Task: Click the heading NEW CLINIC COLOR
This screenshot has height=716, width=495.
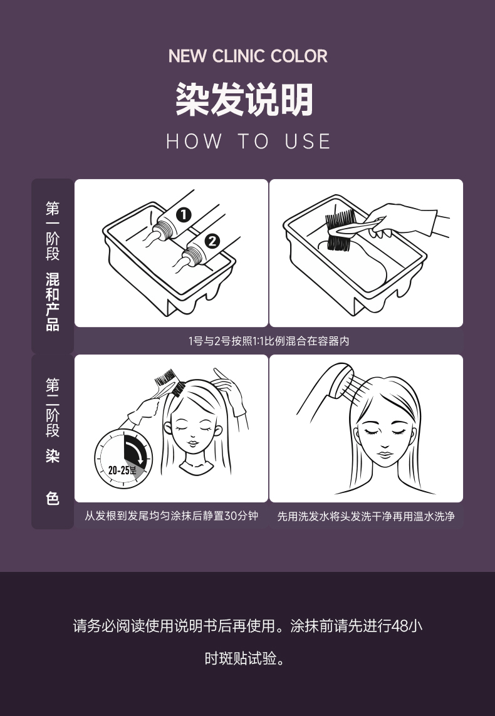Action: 247,56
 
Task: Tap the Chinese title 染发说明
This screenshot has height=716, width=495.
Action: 245,99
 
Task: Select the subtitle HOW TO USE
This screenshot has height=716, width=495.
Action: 248,141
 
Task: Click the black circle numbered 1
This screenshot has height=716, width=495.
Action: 184,215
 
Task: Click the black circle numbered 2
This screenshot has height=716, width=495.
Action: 212,241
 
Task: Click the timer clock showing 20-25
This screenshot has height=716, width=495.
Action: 123,459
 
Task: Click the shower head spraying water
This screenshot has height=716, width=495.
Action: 340,380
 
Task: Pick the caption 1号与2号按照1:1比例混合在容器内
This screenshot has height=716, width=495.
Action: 269,341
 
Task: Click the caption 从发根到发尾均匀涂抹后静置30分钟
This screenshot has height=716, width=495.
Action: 171,516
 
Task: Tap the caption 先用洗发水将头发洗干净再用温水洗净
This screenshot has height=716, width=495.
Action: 366,516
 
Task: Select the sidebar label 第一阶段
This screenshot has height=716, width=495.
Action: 53,231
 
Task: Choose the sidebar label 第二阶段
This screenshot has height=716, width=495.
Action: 53,407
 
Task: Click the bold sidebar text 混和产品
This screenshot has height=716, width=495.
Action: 53,302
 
